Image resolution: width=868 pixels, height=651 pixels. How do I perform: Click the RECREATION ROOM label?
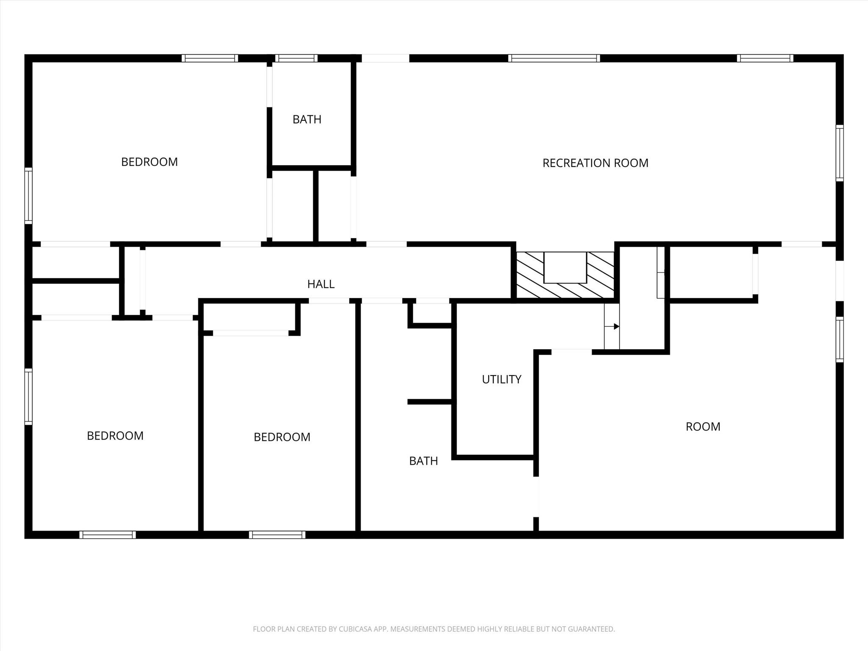pos(595,163)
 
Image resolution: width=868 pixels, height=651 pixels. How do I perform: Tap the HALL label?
pos(321,284)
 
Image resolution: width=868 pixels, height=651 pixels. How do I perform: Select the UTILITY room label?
pos(501,379)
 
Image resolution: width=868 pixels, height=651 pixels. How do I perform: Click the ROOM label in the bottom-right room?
pos(703,426)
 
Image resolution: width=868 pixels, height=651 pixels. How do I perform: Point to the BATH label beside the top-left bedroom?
pos(307,120)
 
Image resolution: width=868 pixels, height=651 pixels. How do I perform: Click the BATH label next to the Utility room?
pos(423,461)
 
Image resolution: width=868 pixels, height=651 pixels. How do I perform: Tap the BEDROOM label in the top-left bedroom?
pos(149,162)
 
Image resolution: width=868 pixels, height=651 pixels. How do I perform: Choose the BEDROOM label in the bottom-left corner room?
pos(115,436)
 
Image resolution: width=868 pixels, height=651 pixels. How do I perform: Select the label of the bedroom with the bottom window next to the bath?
pos(282,437)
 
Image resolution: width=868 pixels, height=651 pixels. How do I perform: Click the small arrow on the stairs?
pos(615,326)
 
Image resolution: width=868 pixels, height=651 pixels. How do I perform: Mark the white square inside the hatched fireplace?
pos(565,267)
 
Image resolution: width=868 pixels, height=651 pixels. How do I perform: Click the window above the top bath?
pos(296,58)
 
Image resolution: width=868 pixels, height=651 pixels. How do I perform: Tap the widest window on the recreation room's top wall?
pos(554,58)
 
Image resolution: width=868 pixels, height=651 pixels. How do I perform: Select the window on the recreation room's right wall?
pos(839,153)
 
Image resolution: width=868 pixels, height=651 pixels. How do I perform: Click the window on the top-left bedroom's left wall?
pos(28,195)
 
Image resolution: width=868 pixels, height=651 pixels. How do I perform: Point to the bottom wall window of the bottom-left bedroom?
pos(108,534)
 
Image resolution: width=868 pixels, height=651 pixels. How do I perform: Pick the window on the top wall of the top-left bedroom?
pos(210,58)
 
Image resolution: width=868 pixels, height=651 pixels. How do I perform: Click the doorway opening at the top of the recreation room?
pos(385,58)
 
